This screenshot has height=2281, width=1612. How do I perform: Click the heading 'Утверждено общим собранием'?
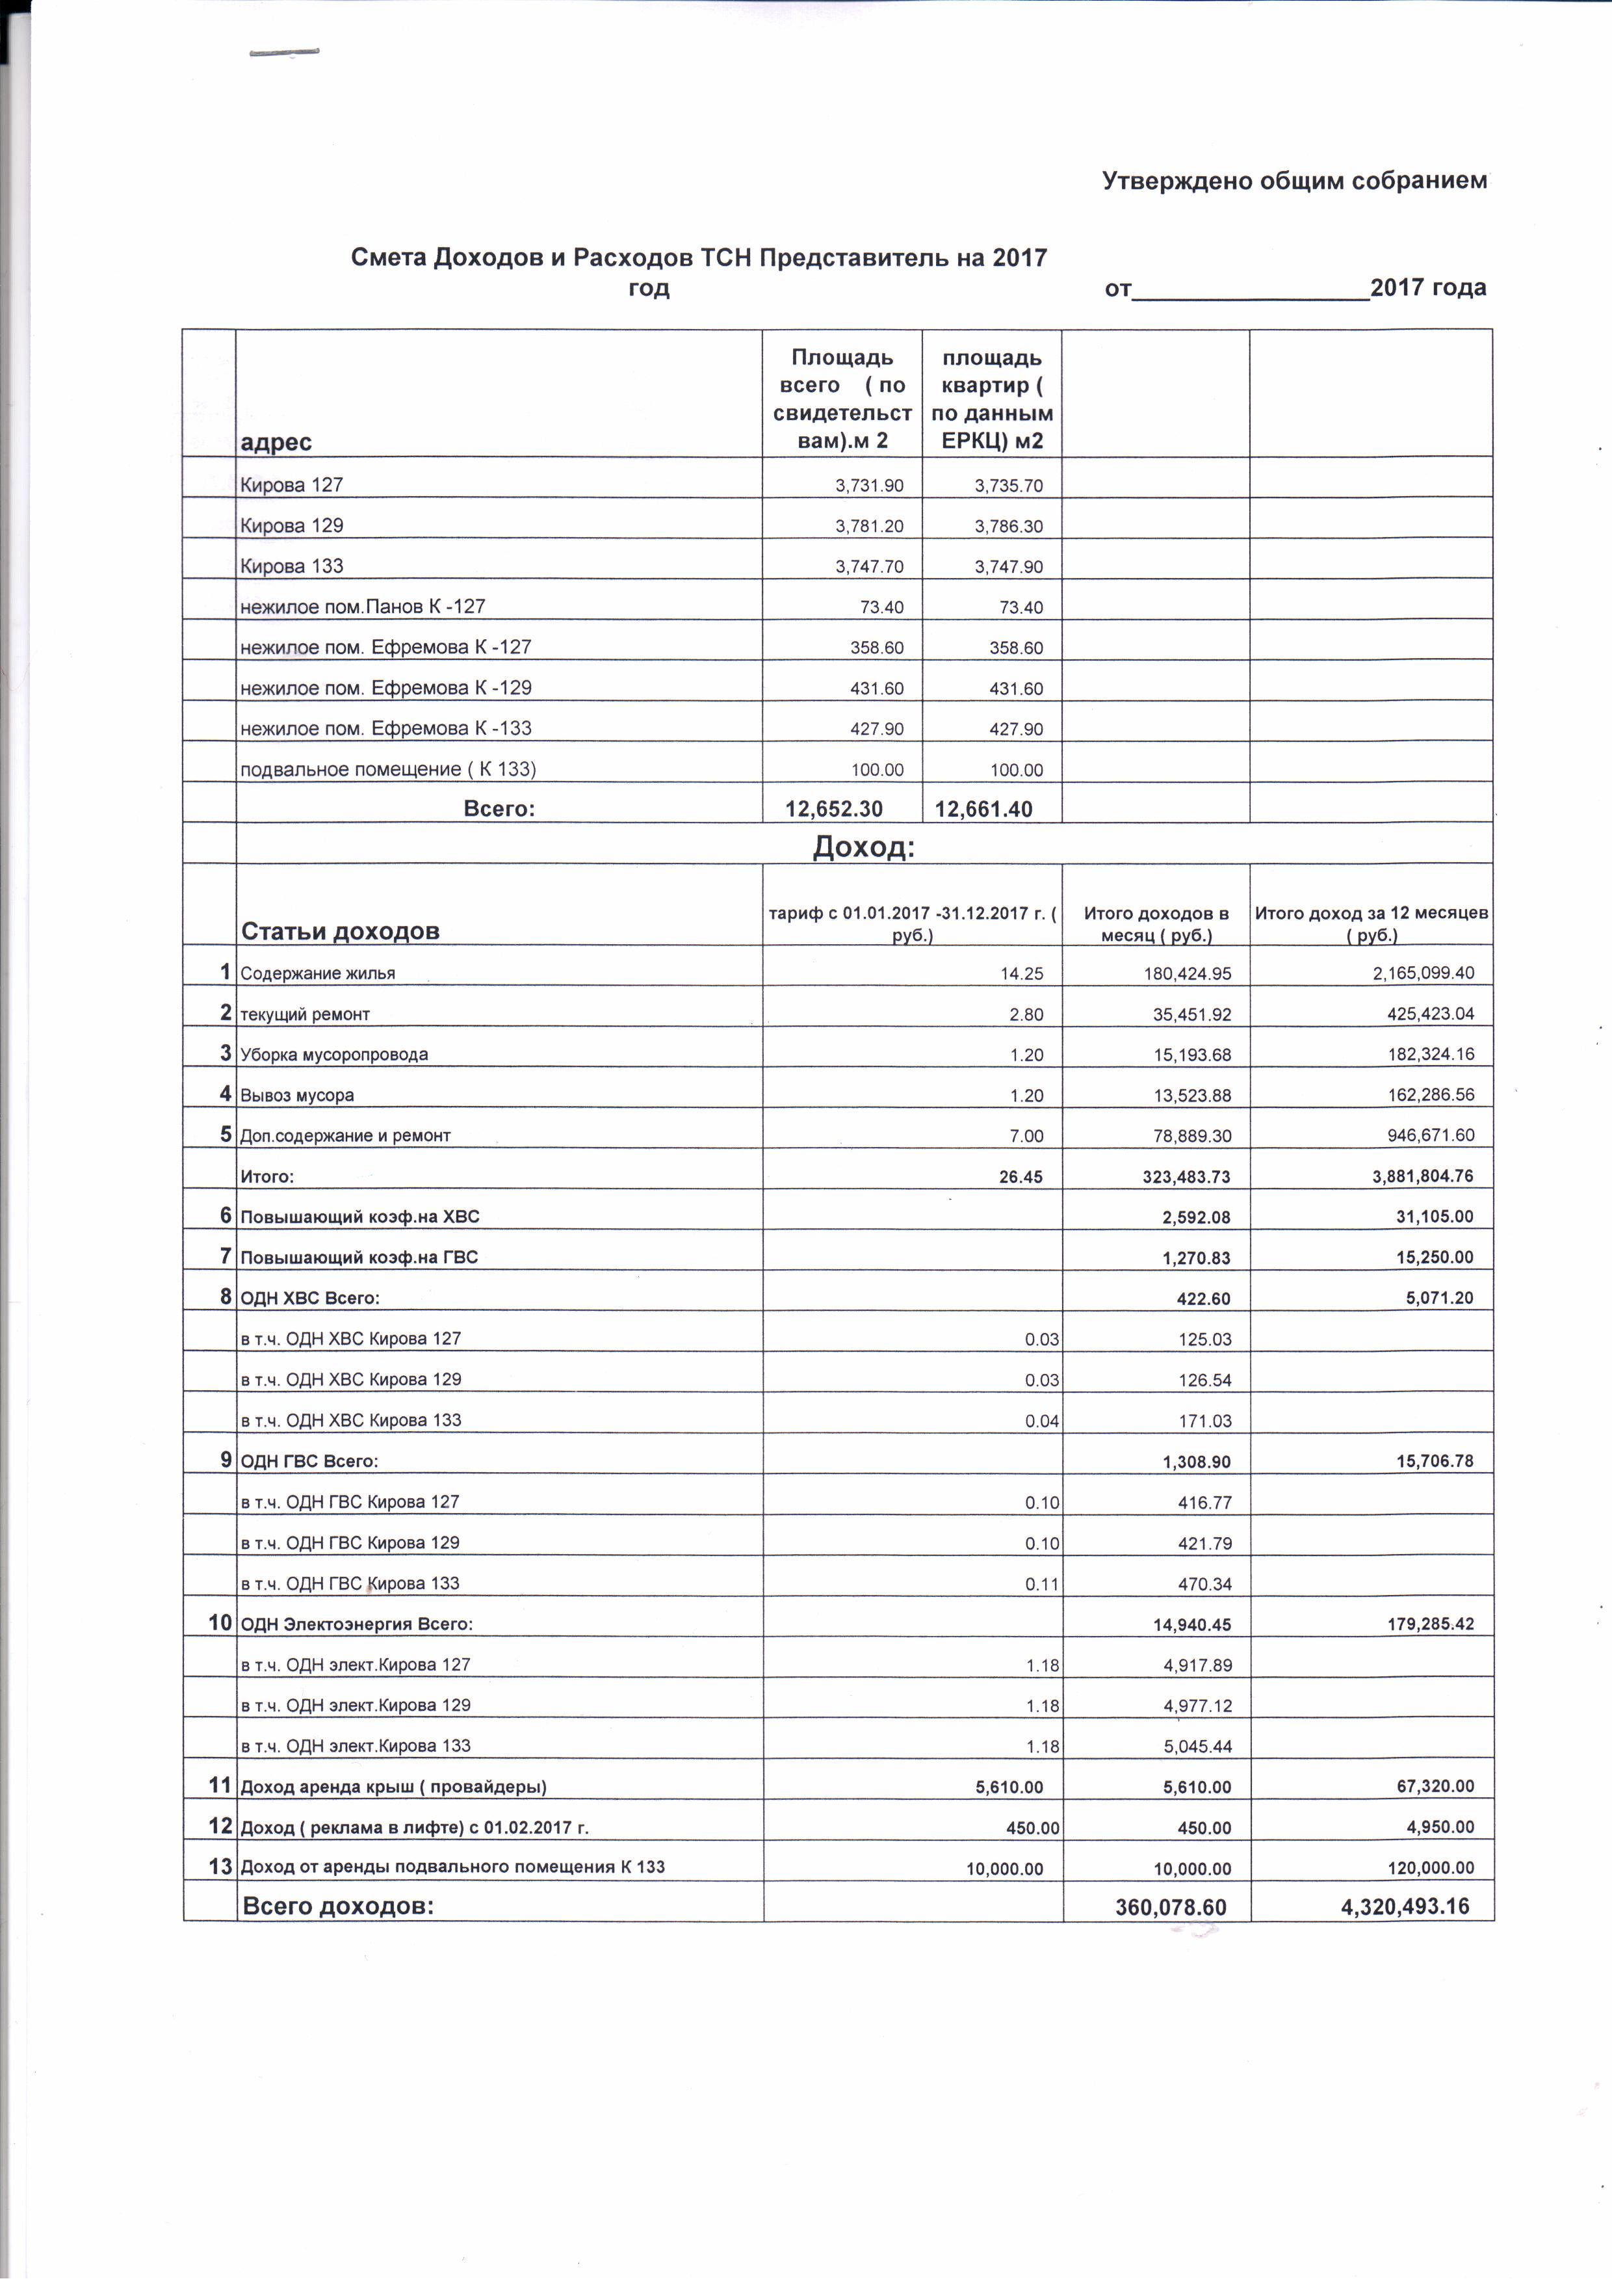click(x=1294, y=181)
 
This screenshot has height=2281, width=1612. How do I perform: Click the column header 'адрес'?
click(x=276, y=443)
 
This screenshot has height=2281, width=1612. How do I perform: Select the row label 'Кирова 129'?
click(x=292, y=525)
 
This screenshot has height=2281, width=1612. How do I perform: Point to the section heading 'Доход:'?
click(x=863, y=847)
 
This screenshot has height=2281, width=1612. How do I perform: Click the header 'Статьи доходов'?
click(x=340, y=931)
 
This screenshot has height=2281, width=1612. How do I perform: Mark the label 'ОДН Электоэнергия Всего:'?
click(x=357, y=1624)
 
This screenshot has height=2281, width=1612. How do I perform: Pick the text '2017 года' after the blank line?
click(x=1428, y=288)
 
